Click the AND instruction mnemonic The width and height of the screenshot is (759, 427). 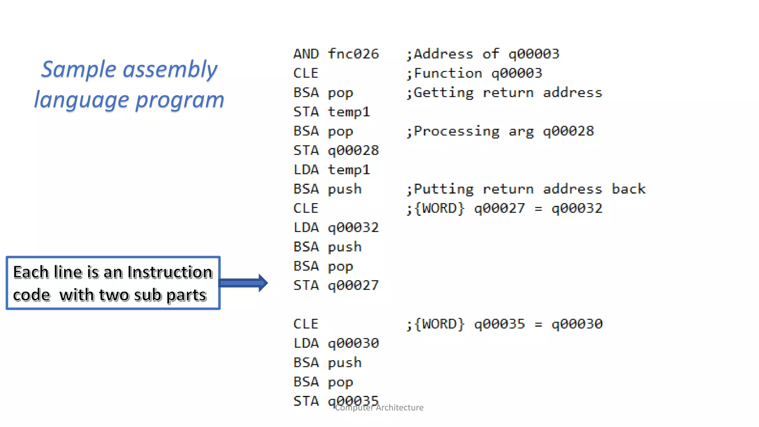click(306, 54)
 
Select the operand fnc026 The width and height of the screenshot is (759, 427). click(353, 54)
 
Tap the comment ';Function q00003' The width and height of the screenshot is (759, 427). click(474, 73)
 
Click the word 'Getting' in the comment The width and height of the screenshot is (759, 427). click(443, 93)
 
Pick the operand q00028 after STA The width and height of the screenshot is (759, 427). click(353, 150)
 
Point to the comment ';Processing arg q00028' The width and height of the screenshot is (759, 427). click(500, 131)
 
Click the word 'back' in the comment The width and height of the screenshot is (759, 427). click(629, 189)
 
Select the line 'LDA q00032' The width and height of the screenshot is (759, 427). click(336, 228)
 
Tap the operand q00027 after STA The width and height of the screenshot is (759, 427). click(353, 285)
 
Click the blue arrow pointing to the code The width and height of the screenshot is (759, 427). click(244, 283)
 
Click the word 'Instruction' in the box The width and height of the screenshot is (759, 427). click(170, 272)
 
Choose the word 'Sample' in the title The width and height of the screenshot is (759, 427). click(79, 69)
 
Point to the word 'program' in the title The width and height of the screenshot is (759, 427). click(180, 100)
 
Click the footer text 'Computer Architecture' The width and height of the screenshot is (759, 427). click(379, 408)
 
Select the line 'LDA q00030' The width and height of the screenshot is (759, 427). click(336, 343)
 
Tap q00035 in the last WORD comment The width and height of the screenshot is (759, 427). click(500, 324)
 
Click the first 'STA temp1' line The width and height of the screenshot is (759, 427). click(331, 112)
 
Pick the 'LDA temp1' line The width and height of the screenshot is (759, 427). click(331, 170)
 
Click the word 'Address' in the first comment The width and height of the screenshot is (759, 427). click(443, 54)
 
